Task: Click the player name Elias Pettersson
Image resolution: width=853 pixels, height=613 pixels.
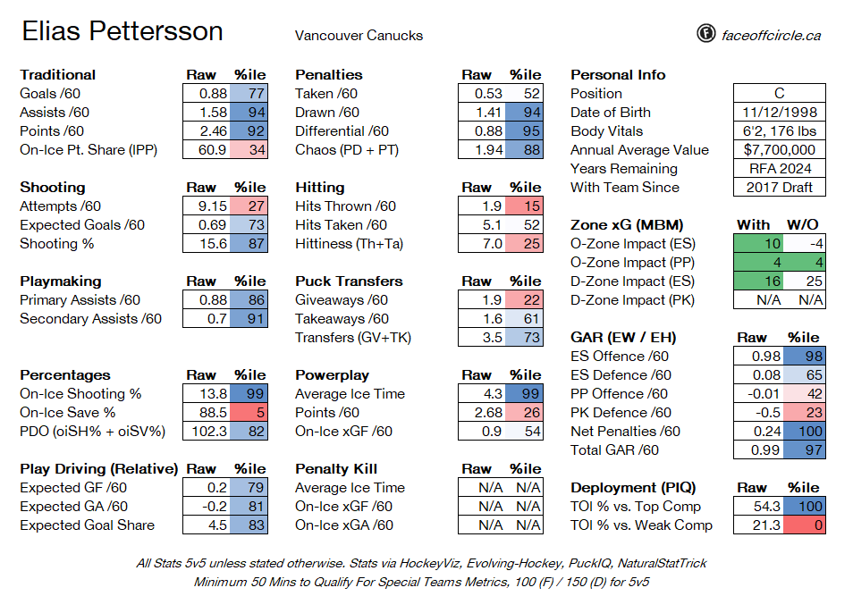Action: point(122,31)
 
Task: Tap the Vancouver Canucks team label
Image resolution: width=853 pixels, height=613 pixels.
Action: point(359,36)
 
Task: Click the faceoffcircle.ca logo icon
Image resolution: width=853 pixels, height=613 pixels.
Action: point(705,34)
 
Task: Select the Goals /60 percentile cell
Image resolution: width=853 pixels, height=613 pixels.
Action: point(249,94)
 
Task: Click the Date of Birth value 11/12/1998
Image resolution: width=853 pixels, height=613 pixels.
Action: point(779,113)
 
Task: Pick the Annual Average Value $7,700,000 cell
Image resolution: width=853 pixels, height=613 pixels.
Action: point(779,149)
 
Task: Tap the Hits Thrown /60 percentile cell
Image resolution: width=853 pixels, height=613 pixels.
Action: point(524,206)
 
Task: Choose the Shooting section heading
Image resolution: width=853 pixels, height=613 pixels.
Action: point(52,188)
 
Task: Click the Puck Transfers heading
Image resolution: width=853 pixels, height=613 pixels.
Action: point(349,281)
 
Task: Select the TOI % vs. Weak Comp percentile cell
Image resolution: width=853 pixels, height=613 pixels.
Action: point(805,525)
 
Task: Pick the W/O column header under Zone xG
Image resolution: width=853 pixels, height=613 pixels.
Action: point(802,225)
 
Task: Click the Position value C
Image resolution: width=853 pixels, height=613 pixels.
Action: point(779,94)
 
